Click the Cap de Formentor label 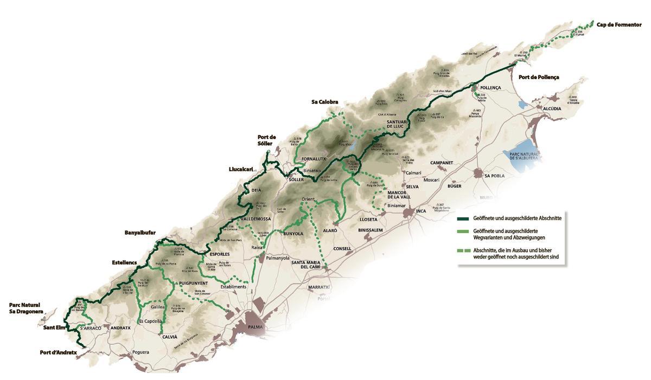coord(619,24)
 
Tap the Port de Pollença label coord(539,78)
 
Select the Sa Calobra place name coord(325,102)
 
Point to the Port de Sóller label coord(266,140)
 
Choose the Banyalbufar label coord(140,233)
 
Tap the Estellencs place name coord(124,262)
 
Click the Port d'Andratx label coord(59,352)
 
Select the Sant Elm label coord(55,327)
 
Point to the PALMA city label coord(255,327)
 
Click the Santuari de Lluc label coord(400,125)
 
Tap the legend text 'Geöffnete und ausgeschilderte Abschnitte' coord(517,218)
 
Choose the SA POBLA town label coord(495,176)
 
